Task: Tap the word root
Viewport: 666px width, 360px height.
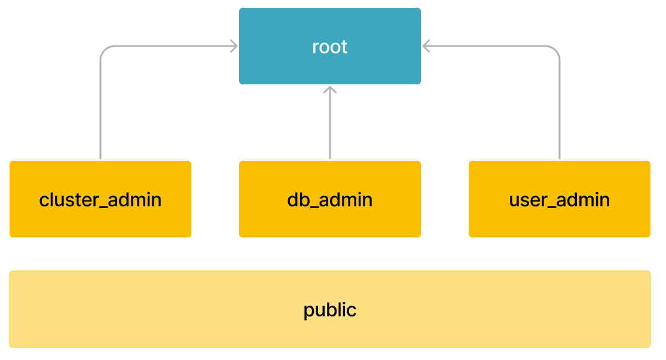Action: (x=329, y=47)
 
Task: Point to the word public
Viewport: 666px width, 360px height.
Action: (x=329, y=310)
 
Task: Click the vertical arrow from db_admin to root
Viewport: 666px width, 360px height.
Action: (x=330, y=126)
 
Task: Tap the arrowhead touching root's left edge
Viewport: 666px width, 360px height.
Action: (x=234, y=46)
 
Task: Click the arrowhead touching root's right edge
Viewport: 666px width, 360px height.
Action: (x=426, y=46)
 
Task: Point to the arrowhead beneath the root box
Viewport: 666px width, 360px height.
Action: (x=330, y=90)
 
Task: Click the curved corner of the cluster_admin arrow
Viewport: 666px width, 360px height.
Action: (x=104, y=50)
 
